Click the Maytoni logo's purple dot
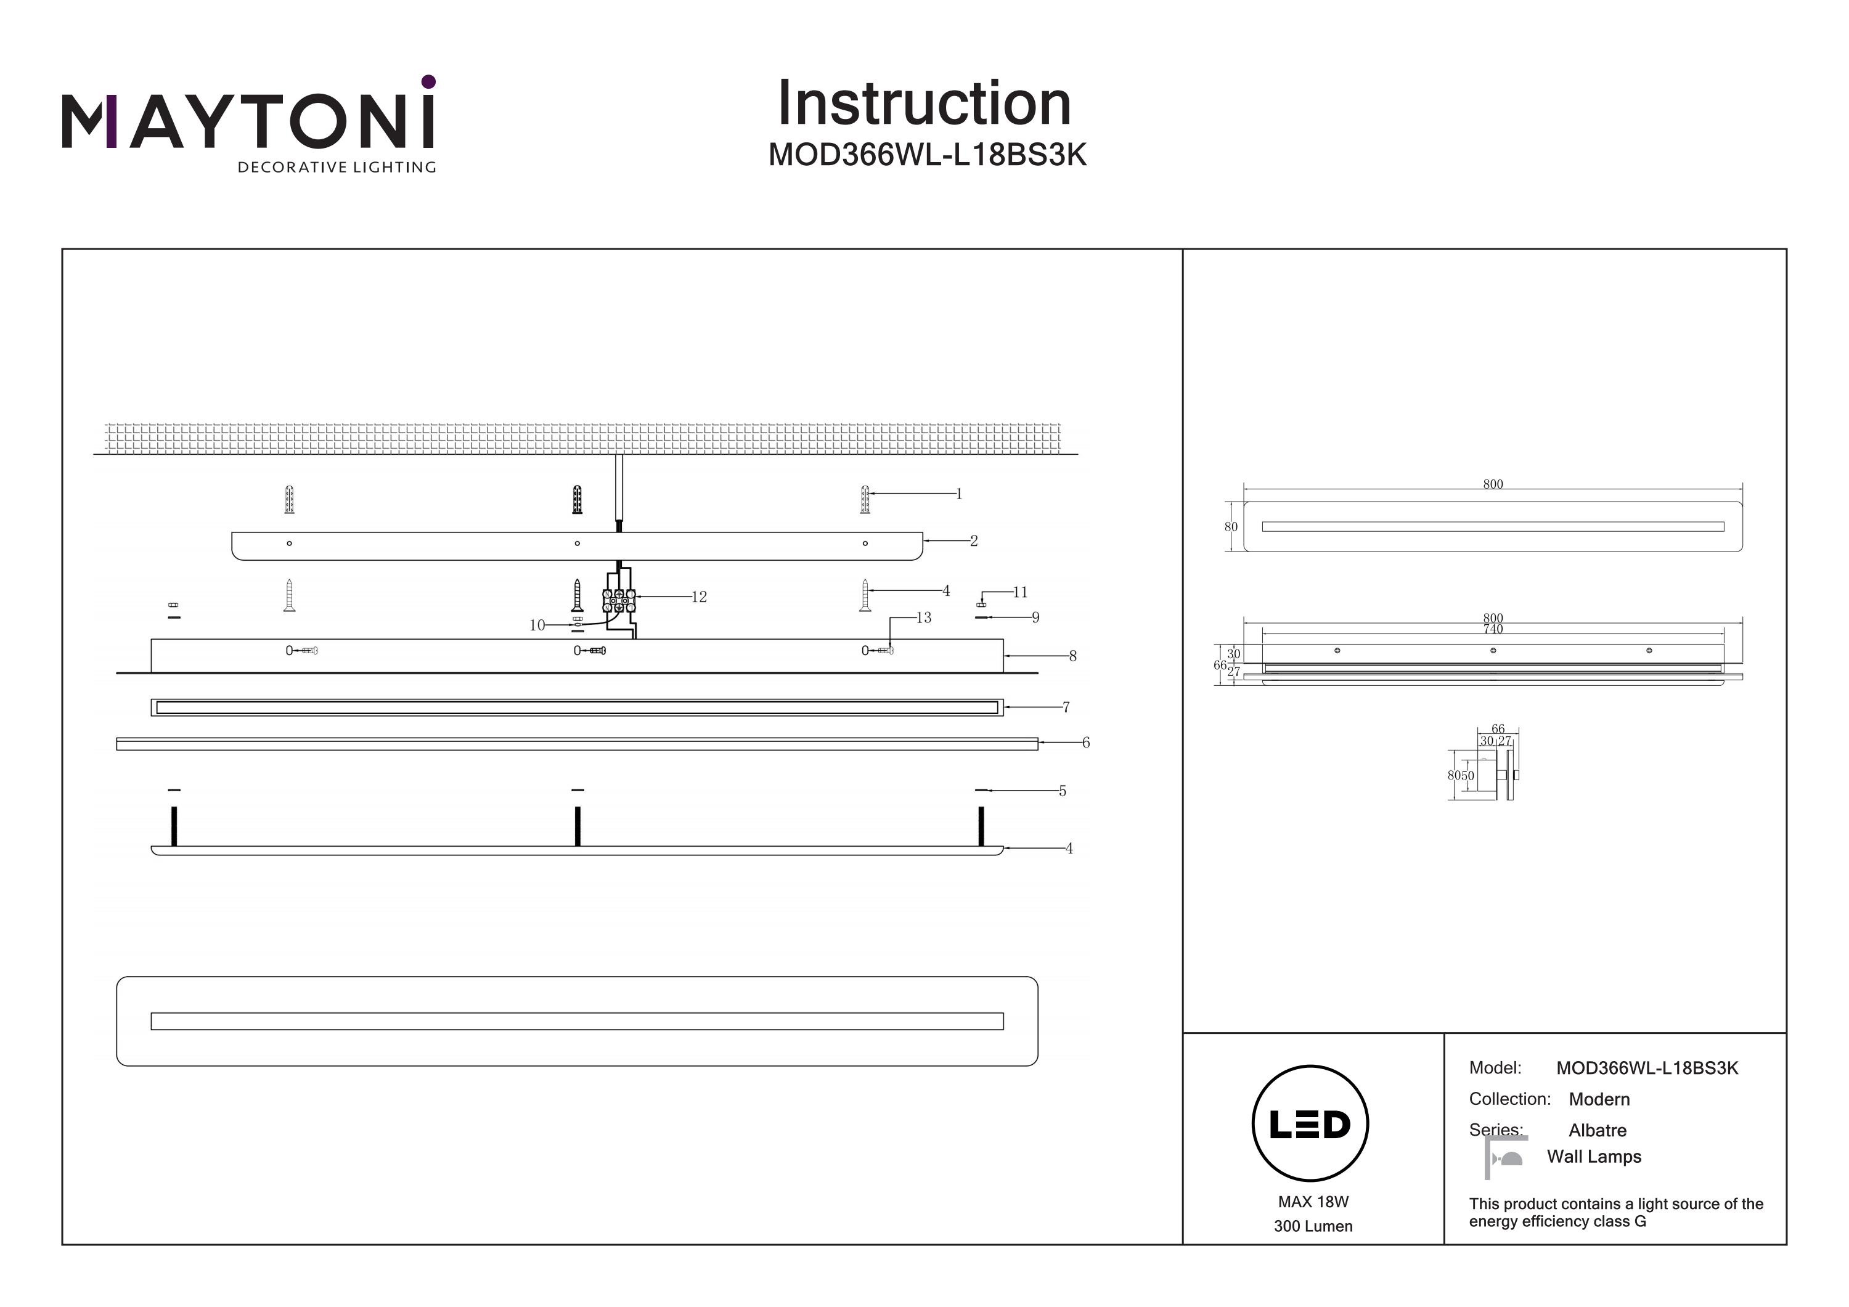pos(428,81)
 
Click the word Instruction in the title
pos(924,104)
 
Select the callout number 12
pos(699,596)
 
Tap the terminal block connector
pos(618,600)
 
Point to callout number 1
pos(959,494)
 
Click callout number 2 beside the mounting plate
pos(974,541)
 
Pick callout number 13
pos(924,617)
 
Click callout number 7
pos(1066,707)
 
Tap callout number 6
pos(1085,743)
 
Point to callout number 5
pos(1062,791)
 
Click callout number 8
pos(1072,656)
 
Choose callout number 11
pos(1020,593)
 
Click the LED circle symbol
pos(1310,1123)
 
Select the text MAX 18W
pos(1313,1202)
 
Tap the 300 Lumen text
pos(1313,1226)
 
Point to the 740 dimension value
pos(1492,630)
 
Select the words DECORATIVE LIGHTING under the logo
pos(337,168)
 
